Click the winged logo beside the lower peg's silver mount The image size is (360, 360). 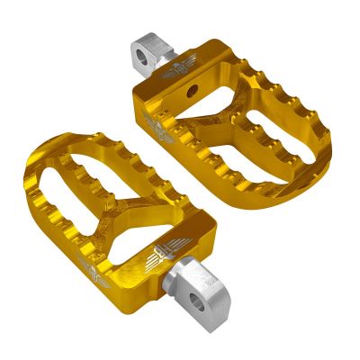[166, 254]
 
